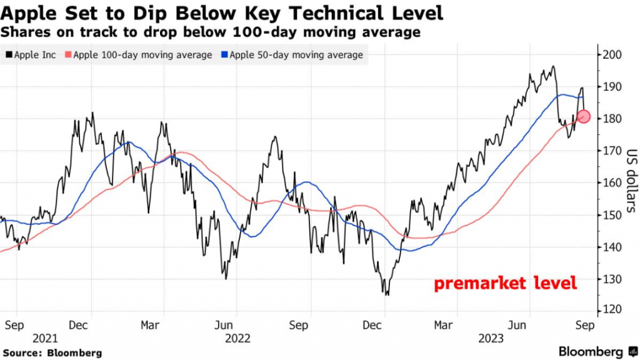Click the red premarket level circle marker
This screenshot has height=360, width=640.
click(x=584, y=116)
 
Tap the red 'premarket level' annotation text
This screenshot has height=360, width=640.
click(x=505, y=283)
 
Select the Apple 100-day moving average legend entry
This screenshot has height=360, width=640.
click(x=142, y=55)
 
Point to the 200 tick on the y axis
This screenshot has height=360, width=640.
click(x=614, y=54)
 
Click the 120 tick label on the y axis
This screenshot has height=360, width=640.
click(x=614, y=311)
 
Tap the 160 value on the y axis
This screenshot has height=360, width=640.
click(x=614, y=182)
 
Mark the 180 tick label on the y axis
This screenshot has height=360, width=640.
click(x=614, y=119)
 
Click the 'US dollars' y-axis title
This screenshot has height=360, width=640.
click(x=631, y=181)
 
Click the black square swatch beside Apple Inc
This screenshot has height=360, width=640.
click(x=7, y=55)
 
